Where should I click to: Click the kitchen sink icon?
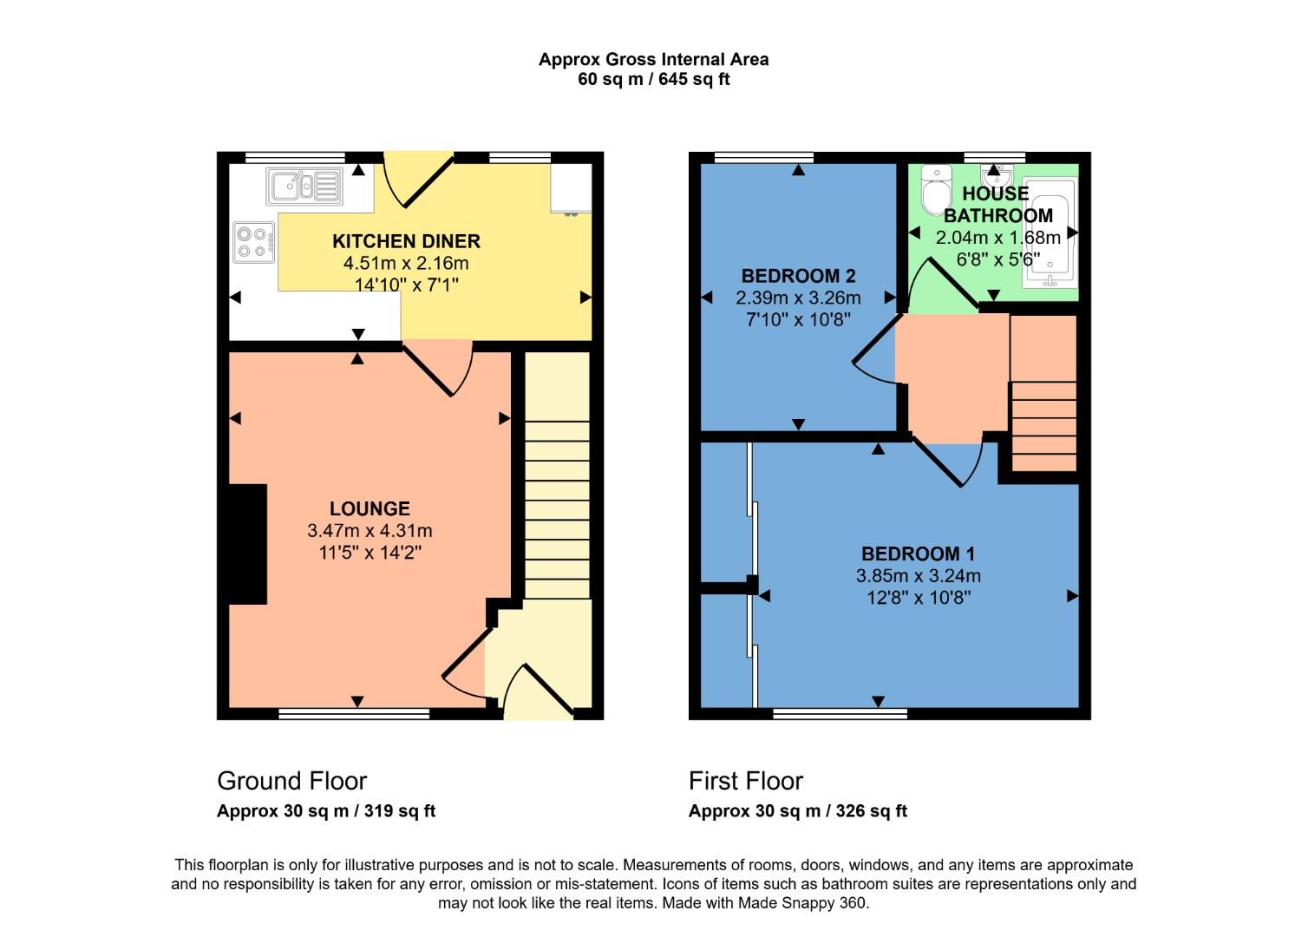(x=304, y=186)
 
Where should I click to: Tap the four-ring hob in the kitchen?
(x=253, y=242)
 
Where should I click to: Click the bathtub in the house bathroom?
(x=1050, y=233)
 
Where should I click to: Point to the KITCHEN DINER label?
(x=406, y=241)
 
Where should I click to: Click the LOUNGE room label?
(x=370, y=509)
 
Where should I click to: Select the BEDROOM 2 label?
(x=798, y=276)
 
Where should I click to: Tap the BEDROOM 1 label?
(x=918, y=554)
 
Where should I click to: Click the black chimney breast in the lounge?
(x=248, y=544)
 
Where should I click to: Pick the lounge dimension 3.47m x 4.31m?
(x=370, y=531)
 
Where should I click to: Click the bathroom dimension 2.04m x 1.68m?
(x=997, y=238)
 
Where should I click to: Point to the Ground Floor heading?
(x=291, y=781)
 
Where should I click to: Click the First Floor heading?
(x=746, y=781)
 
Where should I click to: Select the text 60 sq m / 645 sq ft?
(x=653, y=80)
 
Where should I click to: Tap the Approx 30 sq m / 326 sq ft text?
(x=797, y=811)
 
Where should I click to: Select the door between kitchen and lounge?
(x=439, y=367)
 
